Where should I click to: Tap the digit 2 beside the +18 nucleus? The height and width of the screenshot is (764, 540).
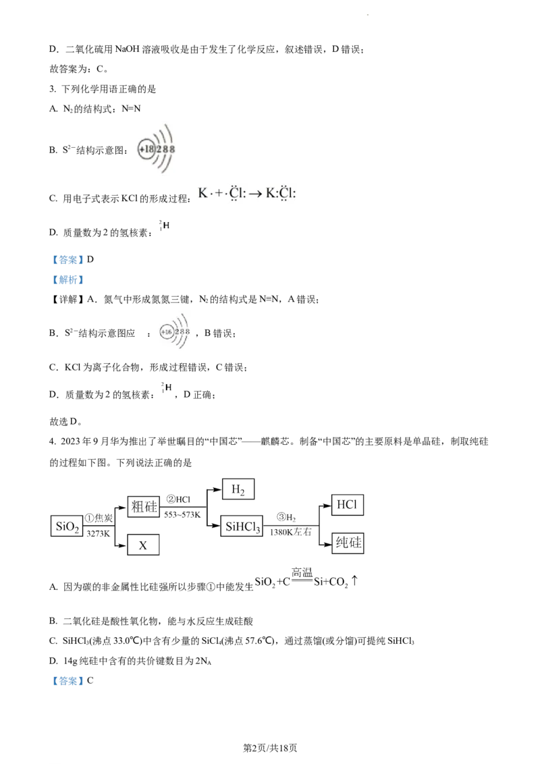pyautogui.click(x=159, y=148)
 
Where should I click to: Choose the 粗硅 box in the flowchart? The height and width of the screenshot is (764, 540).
pyautogui.click(x=143, y=506)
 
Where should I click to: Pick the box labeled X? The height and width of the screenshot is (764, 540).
pyautogui.click(x=144, y=545)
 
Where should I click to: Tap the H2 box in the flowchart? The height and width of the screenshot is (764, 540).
pyautogui.click(x=240, y=489)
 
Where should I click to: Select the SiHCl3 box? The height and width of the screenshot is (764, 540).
pyautogui.click(x=242, y=526)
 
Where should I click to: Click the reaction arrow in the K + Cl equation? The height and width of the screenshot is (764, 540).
pyautogui.click(x=255, y=194)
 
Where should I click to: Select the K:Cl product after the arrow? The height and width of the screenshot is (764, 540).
pyautogui.click(x=281, y=194)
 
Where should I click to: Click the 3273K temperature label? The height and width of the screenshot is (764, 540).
pyautogui.click(x=99, y=533)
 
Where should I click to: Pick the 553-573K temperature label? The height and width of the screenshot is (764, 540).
pyautogui.click(x=182, y=514)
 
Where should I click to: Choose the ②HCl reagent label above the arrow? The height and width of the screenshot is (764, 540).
pyautogui.click(x=181, y=499)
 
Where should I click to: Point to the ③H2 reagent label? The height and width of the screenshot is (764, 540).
pyautogui.click(x=287, y=518)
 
